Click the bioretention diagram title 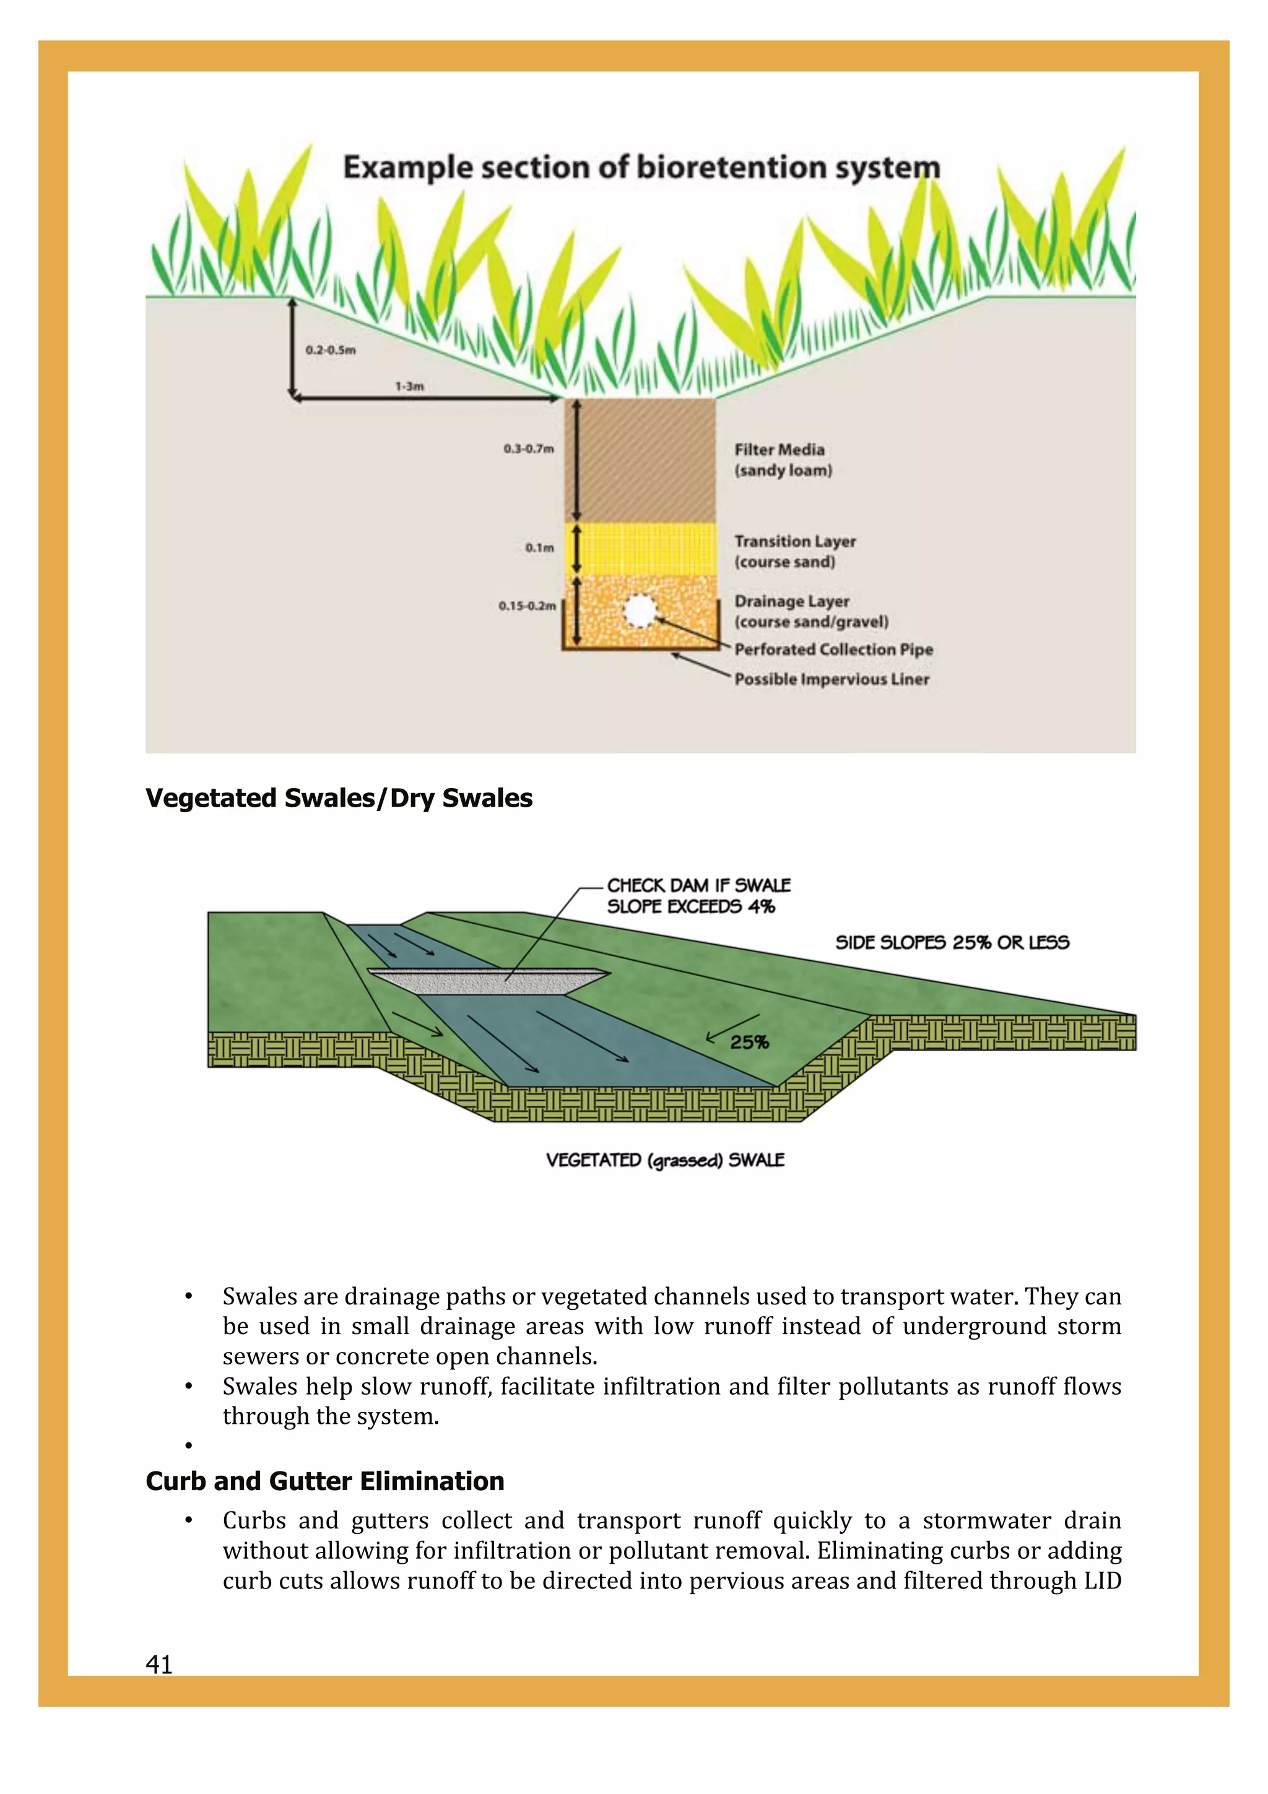(641, 168)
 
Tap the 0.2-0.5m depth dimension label (331, 350)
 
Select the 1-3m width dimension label (409, 386)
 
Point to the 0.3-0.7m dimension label (528, 448)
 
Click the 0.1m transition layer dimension (539, 548)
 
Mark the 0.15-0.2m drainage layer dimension (528, 605)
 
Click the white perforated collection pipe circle (639, 612)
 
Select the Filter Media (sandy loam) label (783, 459)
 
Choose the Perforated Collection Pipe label (833, 649)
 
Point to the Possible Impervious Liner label (832, 679)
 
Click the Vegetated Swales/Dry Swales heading (339, 799)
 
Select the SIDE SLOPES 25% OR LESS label (952, 942)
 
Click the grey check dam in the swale (489, 981)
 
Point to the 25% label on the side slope (749, 1042)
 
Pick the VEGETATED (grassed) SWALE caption (665, 1160)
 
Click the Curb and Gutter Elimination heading (325, 1481)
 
